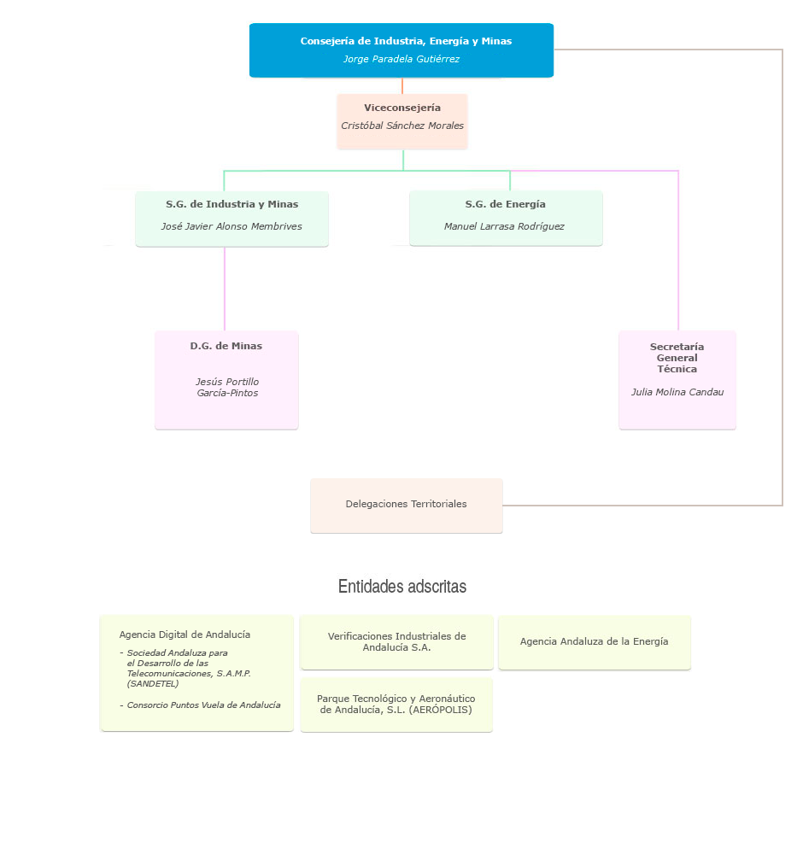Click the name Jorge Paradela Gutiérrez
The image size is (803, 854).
click(x=401, y=59)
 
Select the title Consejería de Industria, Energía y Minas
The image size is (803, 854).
click(x=406, y=41)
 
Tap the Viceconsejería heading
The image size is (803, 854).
click(x=402, y=108)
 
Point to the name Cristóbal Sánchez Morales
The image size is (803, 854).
click(x=402, y=126)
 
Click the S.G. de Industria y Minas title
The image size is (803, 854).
click(x=232, y=204)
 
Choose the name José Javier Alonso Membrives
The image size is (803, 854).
click(x=232, y=226)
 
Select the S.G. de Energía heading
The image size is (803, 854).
click(x=505, y=204)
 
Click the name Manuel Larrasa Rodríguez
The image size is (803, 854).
click(x=504, y=226)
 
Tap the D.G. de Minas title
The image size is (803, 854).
click(x=226, y=346)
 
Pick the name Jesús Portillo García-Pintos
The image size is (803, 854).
click(x=227, y=388)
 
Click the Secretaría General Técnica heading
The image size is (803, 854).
click(x=677, y=358)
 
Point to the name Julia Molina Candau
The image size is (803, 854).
click(x=677, y=392)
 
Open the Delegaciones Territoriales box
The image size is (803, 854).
click(x=406, y=504)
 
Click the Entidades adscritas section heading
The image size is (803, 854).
click(x=401, y=587)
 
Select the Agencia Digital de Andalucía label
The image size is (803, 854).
click(x=185, y=635)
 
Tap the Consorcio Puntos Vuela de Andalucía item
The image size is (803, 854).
click(x=203, y=705)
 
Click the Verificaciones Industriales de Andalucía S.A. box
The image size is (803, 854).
click(x=396, y=641)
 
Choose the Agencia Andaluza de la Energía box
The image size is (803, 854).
click(x=594, y=641)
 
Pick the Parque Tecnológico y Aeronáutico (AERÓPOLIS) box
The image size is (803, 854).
click(x=396, y=704)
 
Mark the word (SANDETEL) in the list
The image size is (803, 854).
click(x=153, y=683)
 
